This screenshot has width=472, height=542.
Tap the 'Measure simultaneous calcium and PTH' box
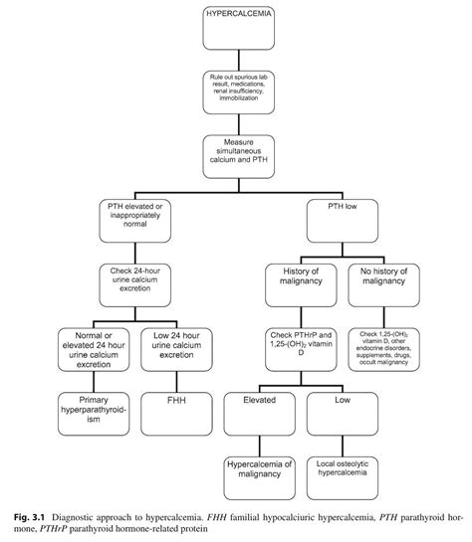[235, 151]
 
